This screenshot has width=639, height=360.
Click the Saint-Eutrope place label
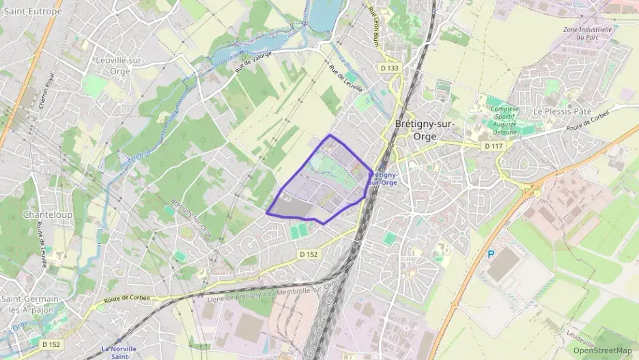[32, 11]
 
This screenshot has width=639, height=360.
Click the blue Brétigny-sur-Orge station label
[383, 178]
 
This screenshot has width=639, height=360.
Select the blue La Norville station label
[119, 352]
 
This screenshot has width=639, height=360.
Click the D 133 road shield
[389, 68]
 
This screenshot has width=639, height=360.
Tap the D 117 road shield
[492, 146]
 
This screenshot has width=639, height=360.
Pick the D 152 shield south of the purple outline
[309, 254]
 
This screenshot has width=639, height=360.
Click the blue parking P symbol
[490, 254]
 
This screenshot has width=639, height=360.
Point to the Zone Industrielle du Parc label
[587, 33]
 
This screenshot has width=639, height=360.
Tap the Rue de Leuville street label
[344, 79]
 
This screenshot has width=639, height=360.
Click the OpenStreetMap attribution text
[602, 350]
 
